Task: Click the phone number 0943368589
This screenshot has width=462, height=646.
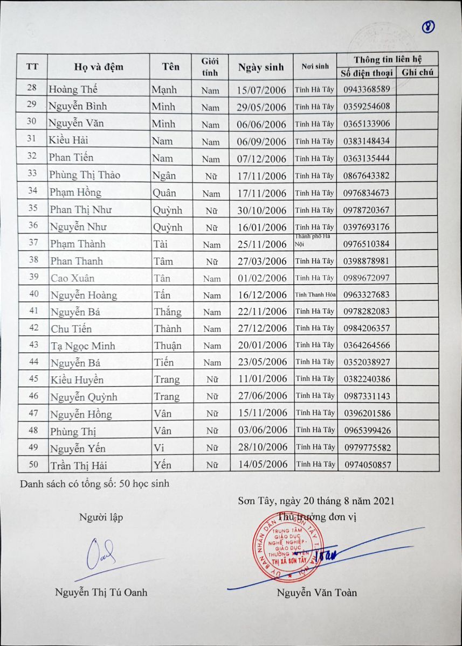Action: tap(366, 89)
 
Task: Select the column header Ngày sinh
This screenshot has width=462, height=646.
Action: tap(261, 67)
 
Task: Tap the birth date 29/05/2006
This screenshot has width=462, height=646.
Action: tap(261, 107)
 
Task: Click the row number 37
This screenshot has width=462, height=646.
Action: tap(33, 243)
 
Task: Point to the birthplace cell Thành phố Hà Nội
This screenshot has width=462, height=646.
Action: tap(315, 240)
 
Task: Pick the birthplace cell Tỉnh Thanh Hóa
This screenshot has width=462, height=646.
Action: tap(315, 294)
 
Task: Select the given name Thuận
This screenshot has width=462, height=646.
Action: tap(168, 345)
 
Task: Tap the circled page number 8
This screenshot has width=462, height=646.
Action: tap(429, 27)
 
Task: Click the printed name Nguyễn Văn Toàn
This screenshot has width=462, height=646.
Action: tap(316, 593)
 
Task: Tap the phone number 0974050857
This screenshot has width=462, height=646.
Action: tap(367, 465)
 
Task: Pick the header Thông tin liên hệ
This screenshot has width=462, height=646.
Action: tap(388, 59)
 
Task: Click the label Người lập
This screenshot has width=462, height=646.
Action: tap(101, 517)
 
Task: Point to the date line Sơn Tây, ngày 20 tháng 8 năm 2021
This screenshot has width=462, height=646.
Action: tap(316, 501)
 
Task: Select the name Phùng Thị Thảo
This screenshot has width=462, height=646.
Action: tap(85, 175)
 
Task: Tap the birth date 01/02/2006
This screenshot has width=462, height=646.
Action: tap(261, 278)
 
